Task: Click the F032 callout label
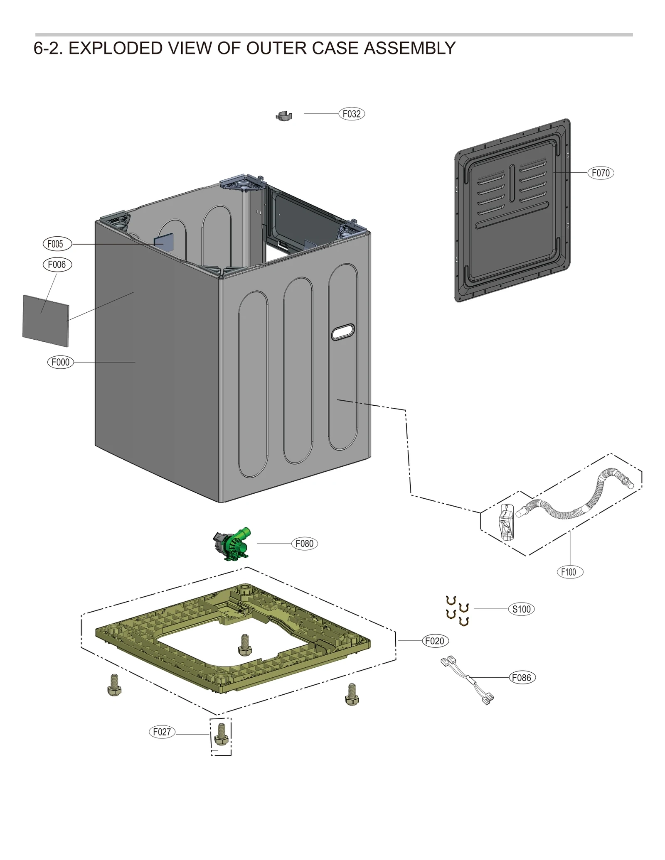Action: [351, 114]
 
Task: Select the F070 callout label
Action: [600, 173]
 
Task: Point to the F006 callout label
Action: [57, 265]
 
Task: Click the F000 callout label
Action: [60, 362]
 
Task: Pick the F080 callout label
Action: [304, 544]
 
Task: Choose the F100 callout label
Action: [569, 572]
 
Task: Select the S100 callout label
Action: [521, 609]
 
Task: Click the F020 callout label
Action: [435, 641]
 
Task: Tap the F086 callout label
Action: [522, 678]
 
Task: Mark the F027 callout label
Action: [162, 732]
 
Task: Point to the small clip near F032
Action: [284, 116]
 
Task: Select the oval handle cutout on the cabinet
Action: [343, 332]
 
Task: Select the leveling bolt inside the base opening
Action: [244, 644]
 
